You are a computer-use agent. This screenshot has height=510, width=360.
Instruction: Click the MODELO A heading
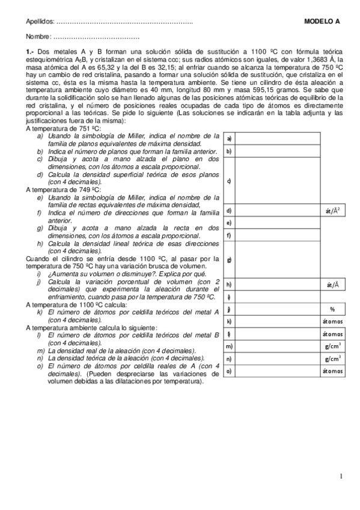coord(322,21)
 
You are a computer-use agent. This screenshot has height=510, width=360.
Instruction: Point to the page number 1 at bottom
coord(340,478)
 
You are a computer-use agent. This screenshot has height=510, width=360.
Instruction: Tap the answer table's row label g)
coord(229,260)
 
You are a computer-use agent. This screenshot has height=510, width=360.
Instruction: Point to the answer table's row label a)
coord(229,138)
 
